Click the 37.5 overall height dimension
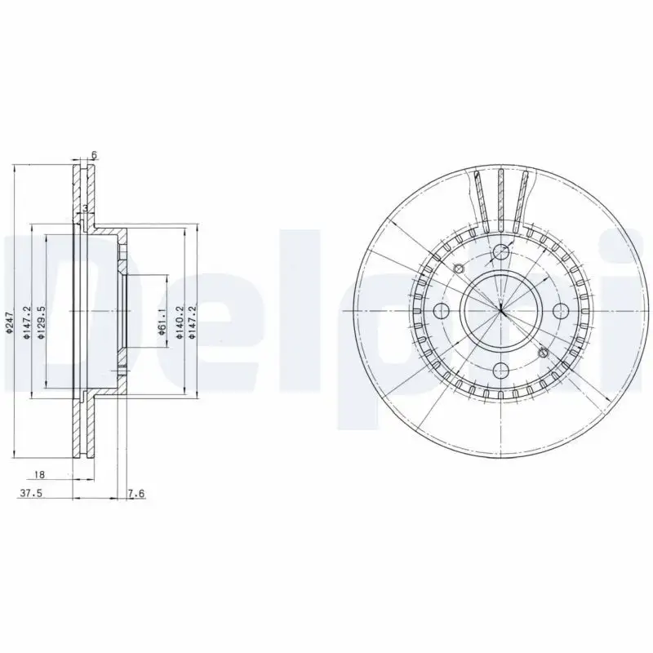click(x=30, y=492)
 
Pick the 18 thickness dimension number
click(x=39, y=474)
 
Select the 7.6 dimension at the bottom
click(x=136, y=492)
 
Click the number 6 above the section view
click(x=95, y=155)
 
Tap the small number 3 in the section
click(x=85, y=209)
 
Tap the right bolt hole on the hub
click(x=560, y=310)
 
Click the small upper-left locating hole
click(x=458, y=269)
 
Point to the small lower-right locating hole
click(x=543, y=353)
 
